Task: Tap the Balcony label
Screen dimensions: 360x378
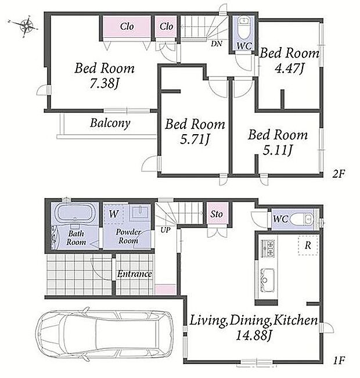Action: [x=110, y=123]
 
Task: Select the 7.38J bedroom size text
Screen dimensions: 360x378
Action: [x=105, y=84]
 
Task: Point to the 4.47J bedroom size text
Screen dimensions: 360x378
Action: [x=289, y=69]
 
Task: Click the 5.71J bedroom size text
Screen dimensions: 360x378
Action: [x=195, y=139]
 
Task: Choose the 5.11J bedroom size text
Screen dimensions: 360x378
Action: [x=278, y=150]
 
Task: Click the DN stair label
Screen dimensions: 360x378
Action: [x=217, y=44]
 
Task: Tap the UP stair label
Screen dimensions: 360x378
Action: [x=165, y=230]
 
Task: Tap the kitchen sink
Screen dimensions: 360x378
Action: [x=267, y=280]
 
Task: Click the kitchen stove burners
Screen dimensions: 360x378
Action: [x=268, y=249]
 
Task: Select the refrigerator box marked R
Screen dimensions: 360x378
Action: [x=307, y=245]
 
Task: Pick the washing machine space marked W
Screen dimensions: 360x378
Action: [x=113, y=214]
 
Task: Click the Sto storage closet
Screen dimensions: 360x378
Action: [x=217, y=214]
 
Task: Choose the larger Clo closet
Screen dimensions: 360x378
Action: [x=127, y=27]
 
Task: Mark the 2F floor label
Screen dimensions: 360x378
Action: [x=339, y=174]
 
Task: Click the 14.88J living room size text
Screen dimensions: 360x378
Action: [x=253, y=336]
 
